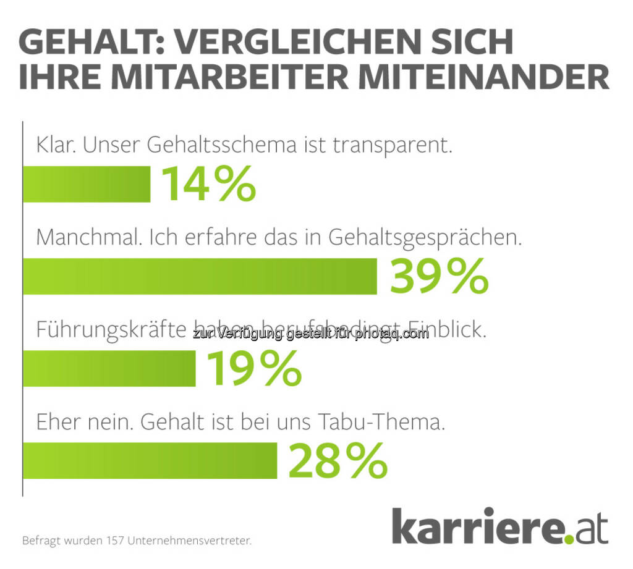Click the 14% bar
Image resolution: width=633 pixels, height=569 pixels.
(x=87, y=183)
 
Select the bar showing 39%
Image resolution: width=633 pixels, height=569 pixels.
(x=200, y=276)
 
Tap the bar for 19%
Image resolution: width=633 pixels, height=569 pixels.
(x=109, y=369)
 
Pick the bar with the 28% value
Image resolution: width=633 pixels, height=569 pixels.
(x=150, y=461)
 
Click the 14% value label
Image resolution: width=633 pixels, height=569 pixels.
(x=208, y=183)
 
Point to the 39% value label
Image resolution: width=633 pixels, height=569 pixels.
(x=439, y=276)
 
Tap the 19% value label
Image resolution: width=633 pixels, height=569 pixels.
(x=253, y=369)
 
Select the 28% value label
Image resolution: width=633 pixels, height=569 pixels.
(x=338, y=461)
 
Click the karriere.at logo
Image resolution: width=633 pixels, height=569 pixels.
(x=499, y=526)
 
